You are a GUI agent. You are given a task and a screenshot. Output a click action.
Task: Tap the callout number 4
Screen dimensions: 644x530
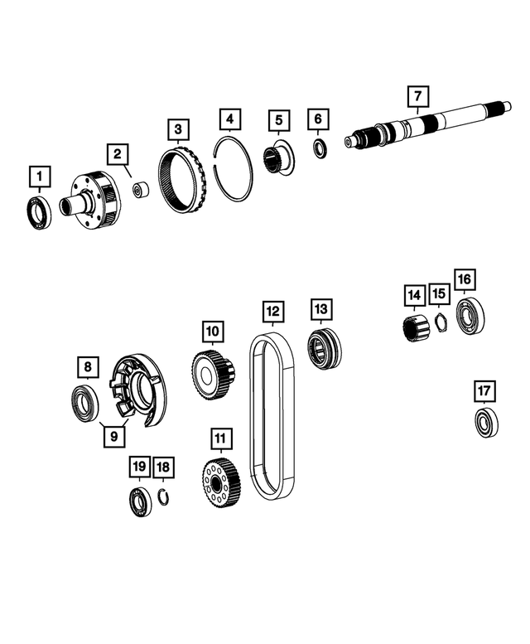click(230, 120)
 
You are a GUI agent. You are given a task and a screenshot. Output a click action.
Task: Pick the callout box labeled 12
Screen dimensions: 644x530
click(272, 312)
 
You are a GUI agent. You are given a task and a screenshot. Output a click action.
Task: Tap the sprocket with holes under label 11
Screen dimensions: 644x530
click(219, 482)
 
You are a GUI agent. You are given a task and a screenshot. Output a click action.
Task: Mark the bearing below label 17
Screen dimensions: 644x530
click(486, 423)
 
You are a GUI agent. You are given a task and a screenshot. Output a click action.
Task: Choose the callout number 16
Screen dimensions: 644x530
click(465, 279)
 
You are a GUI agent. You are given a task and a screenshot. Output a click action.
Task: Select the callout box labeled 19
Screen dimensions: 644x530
click(139, 468)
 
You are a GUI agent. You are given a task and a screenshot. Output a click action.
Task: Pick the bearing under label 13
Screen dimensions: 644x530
click(321, 348)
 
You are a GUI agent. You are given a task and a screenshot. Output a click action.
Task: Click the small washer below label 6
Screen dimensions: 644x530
click(318, 148)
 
